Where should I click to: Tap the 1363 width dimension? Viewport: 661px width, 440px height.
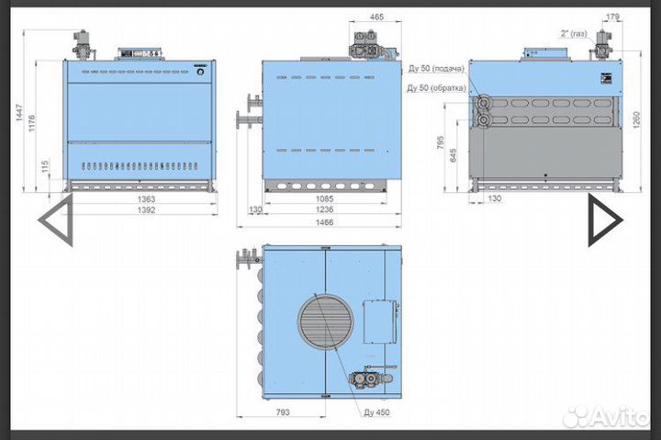click(146, 198)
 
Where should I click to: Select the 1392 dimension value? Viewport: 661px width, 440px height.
click(146, 209)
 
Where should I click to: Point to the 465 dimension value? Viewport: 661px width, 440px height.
click(376, 17)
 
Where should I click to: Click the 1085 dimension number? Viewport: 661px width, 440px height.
click(324, 198)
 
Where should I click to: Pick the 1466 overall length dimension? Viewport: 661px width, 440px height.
click(324, 222)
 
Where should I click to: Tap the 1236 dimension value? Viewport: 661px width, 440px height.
click(324, 209)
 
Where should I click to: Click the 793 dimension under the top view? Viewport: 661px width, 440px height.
click(283, 412)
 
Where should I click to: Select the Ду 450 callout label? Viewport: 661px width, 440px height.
click(376, 412)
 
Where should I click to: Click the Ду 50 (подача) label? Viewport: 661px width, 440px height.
click(436, 68)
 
